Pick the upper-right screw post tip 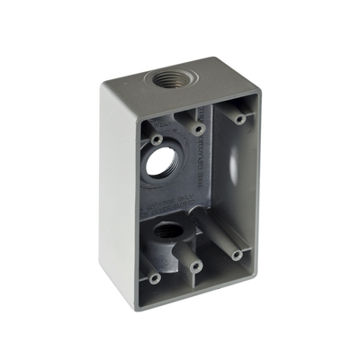click(238, 117)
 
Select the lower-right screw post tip click(237, 256)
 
